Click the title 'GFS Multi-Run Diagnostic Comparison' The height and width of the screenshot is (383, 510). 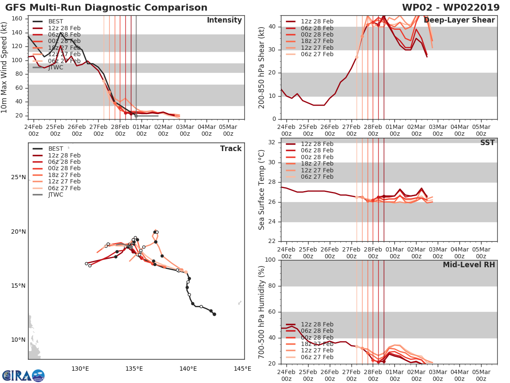coord(106,8)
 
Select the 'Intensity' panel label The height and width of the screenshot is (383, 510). coord(224,20)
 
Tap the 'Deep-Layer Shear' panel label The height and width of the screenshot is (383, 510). coord(459,20)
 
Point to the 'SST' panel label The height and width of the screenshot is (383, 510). coord(487,143)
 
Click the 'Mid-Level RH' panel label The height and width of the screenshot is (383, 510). coord(469,265)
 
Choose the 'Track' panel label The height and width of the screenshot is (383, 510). coord(231,149)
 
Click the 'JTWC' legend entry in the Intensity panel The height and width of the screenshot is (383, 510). coord(56,67)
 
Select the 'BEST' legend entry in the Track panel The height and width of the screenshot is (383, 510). coord(56,149)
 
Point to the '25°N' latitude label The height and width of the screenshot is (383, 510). coord(18,177)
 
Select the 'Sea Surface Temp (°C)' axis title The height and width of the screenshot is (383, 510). coord(262,189)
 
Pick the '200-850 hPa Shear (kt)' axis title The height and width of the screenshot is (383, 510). coord(262,67)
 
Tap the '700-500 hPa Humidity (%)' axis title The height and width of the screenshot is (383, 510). coord(262,312)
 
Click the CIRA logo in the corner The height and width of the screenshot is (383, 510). coord(23,375)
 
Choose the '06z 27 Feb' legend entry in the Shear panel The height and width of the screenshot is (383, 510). coord(317,54)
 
